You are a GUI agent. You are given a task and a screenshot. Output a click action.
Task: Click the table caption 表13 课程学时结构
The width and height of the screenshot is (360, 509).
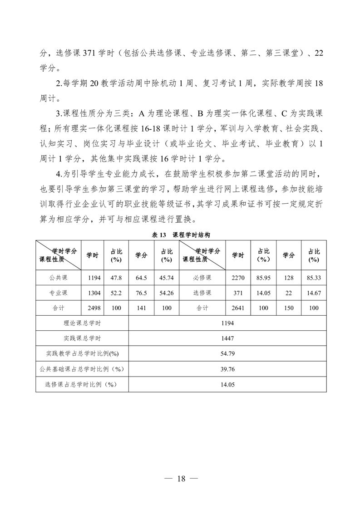point(180,235)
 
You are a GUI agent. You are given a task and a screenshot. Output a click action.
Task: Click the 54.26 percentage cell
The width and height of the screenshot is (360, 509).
point(167,293)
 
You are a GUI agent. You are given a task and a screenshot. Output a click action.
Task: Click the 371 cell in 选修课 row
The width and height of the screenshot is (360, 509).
point(238,293)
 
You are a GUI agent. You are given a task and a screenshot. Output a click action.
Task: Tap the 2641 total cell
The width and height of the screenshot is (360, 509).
point(238,308)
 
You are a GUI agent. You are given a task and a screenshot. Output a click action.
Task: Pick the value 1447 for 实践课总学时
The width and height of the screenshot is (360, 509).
point(227,338)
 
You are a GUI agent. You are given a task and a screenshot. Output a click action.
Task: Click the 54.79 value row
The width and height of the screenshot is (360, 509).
point(227,353)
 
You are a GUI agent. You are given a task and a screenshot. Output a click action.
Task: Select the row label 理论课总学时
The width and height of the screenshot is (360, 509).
point(82,323)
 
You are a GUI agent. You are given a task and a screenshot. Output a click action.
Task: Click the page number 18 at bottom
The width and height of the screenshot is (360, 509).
point(181,478)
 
